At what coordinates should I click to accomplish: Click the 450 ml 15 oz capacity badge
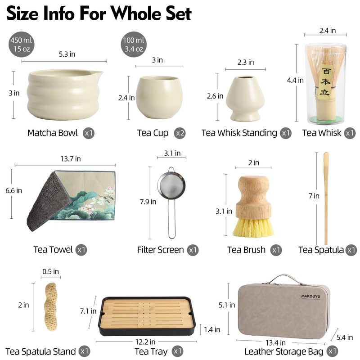(x=21, y=44)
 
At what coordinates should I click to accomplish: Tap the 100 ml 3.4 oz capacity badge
(x=134, y=44)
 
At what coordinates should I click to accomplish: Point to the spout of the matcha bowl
(x=99, y=74)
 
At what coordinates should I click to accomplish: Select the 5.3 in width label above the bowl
(x=67, y=54)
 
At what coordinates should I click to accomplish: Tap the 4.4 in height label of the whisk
(x=295, y=80)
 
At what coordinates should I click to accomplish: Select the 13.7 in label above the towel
(x=71, y=159)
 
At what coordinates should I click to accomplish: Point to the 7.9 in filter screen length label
(x=148, y=202)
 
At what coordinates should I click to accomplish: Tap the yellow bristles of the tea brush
(x=253, y=227)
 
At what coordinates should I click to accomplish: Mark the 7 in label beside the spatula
(x=314, y=196)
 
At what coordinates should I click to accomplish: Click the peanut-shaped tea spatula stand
(x=50, y=307)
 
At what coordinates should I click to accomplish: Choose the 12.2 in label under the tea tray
(x=145, y=342)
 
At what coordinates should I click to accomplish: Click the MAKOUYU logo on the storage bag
(x=310, y=296)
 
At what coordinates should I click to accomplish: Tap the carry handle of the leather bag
(x=285, y=278)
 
